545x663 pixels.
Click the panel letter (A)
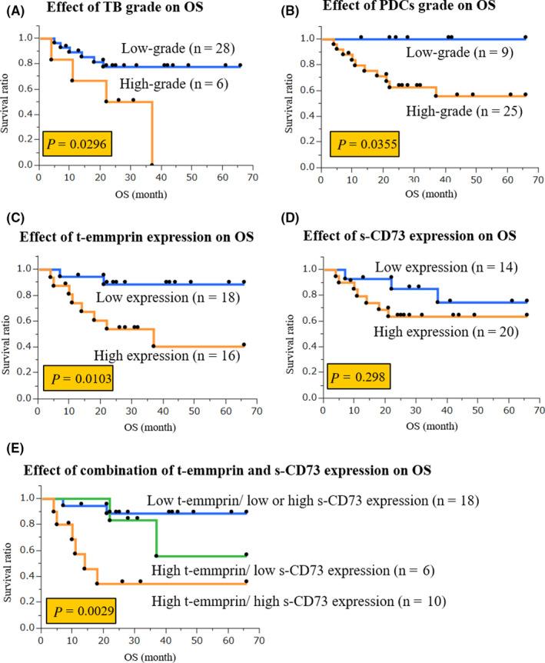coord(16,8)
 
